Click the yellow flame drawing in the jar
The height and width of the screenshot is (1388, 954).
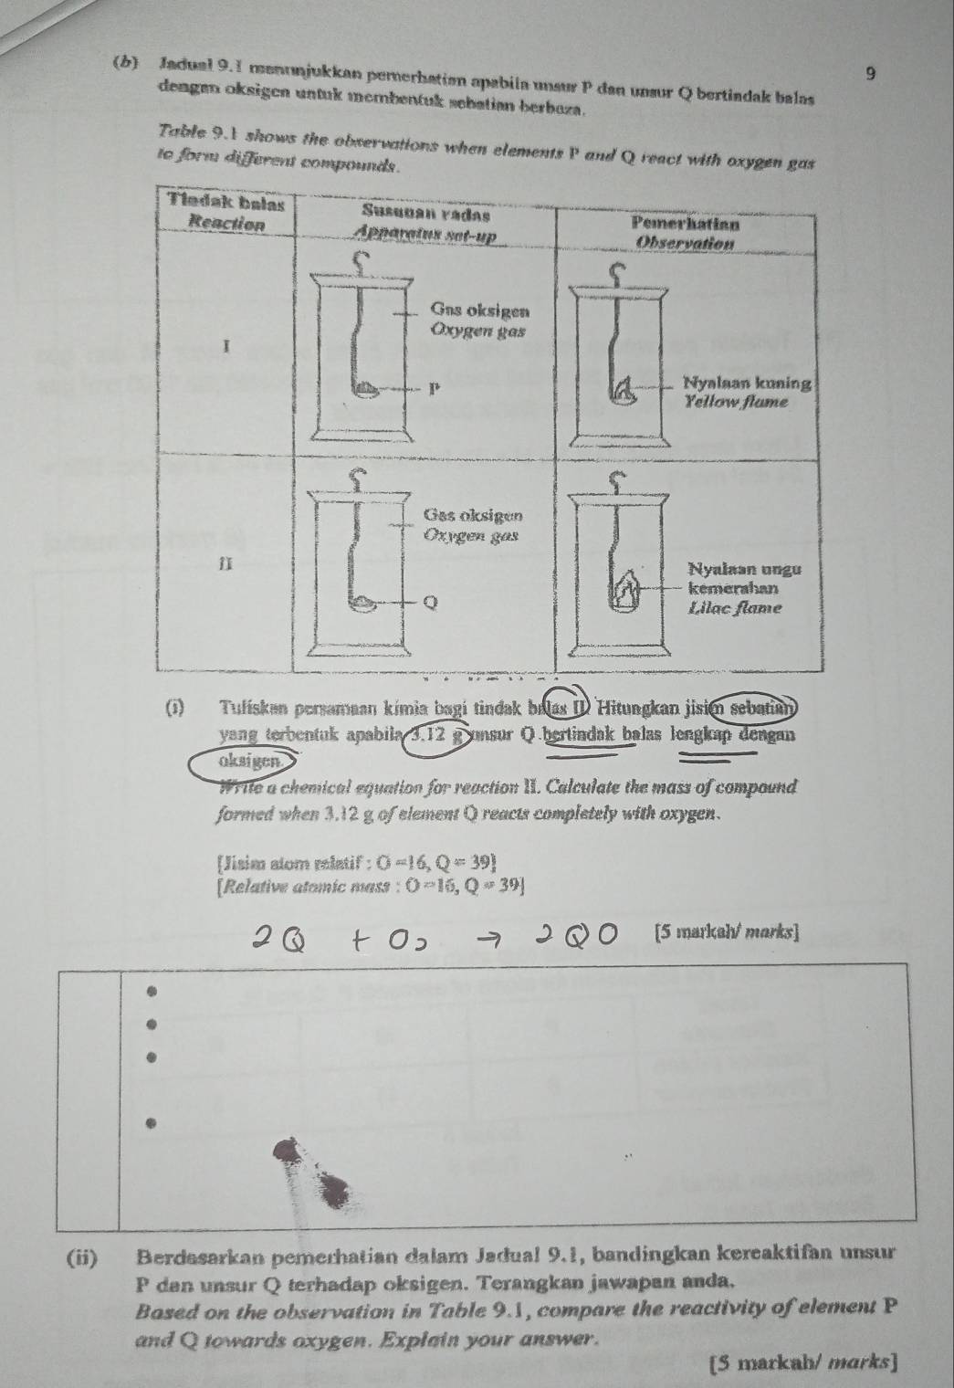(627, 393)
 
